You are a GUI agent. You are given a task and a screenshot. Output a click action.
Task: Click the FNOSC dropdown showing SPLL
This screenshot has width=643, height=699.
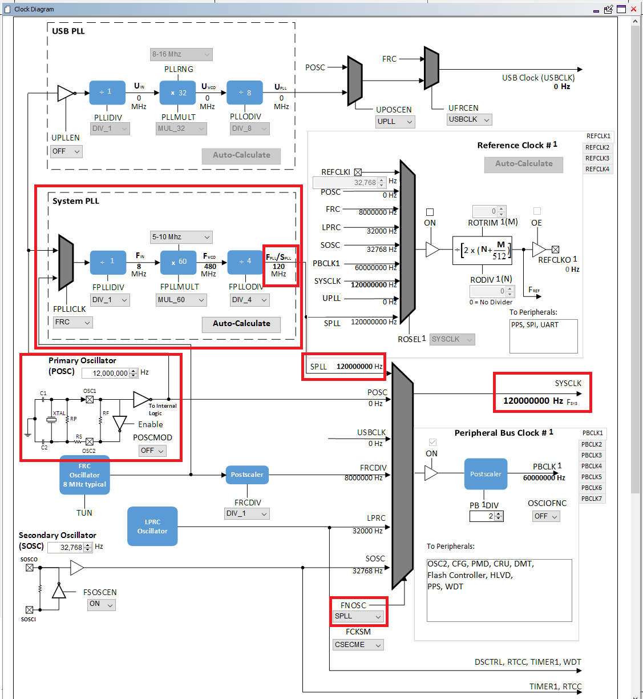point(358,616)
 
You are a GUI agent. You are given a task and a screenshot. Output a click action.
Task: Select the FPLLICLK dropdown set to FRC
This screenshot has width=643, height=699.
point(72,322)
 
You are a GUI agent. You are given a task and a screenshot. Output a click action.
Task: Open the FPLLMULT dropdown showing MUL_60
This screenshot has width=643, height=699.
point(181,300)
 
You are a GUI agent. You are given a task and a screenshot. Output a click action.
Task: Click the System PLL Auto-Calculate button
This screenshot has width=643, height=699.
point(241,324)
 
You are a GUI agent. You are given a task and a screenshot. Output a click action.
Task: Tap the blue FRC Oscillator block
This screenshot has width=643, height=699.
point(84,475)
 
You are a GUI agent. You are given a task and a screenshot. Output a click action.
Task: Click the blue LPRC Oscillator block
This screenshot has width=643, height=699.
point(152,527)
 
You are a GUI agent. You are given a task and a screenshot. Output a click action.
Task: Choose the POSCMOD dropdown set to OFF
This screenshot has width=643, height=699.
point(152,451)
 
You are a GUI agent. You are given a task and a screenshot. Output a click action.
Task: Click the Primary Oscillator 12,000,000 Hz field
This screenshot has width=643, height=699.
point(107,373)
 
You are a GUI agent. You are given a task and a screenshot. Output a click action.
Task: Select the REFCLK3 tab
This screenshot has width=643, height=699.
point(597,158)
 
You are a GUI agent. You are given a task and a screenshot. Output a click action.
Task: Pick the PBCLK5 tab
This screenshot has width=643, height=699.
point(592,477)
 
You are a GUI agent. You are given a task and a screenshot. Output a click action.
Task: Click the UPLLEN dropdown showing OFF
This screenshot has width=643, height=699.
point(66,151)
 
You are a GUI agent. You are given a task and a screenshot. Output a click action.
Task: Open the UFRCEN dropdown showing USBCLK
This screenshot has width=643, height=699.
point(469,119)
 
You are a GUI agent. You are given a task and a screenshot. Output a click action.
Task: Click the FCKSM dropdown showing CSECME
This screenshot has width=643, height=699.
point(358,645)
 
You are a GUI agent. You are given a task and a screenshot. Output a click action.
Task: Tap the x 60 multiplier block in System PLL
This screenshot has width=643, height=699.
point(179,262)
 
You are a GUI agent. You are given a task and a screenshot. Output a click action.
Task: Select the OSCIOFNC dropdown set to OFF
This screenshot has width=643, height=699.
point(546,516)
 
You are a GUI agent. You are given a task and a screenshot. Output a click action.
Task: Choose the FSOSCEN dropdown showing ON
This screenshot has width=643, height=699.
point(102,604)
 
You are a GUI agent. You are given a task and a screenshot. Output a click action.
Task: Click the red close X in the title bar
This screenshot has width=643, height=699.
point(633,9)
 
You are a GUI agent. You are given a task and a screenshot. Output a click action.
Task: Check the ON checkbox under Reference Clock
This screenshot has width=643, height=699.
point(430,212)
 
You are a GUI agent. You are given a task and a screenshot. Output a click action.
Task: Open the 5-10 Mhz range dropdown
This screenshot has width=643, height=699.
point(181,237)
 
